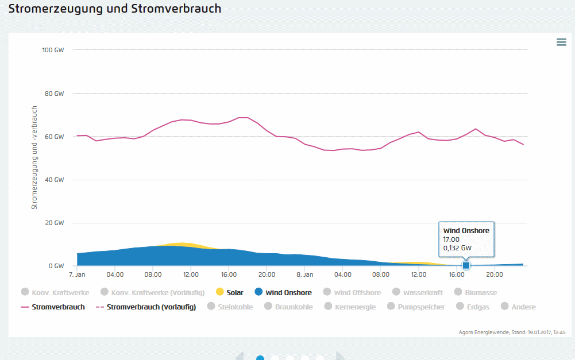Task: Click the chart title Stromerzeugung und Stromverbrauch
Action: tap(115, 9)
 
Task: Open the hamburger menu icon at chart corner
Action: tap(561, 42)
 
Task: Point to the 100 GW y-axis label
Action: tap(53, 50)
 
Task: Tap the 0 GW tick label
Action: tap(56, 266)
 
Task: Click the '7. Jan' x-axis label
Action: tap(77, 274)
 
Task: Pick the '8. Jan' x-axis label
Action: tap(305, 274)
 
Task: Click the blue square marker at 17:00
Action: tap(466, 265)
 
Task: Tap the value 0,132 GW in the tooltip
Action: tap(457, 248)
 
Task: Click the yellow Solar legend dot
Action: tap(219, 292)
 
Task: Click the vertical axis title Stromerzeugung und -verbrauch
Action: tap(34, 157)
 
